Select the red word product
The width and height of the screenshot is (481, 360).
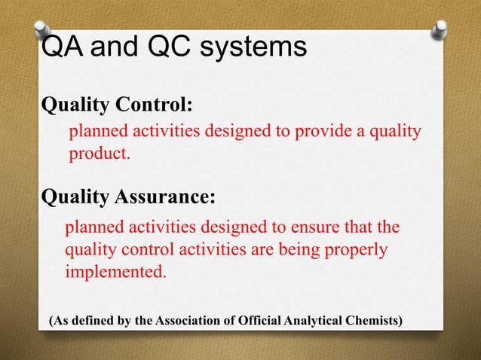coord(100,155)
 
